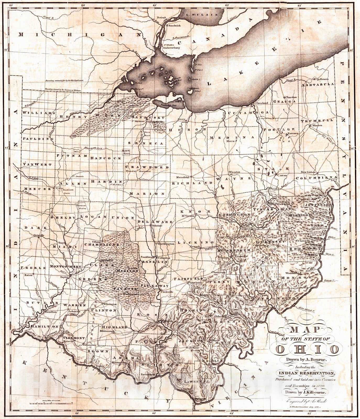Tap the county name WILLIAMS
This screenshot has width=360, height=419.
pyautogui.click(x=39, y=113)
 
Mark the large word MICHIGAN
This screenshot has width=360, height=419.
pyautogui.click(x=76, y=34)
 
